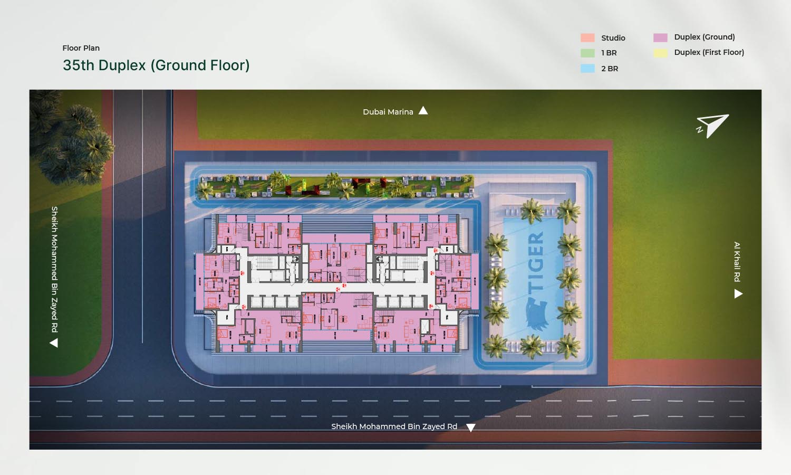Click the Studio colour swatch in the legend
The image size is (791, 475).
[587, 38]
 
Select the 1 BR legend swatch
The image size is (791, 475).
[587, 53]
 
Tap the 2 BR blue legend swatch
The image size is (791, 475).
[587, 69]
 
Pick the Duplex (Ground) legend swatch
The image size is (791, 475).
[660, 37]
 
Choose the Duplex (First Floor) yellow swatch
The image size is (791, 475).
[660, 53]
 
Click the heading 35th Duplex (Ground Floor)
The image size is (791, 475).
[156, 65]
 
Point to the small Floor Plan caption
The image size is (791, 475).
[81, 48]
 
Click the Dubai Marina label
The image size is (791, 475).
[388, 112]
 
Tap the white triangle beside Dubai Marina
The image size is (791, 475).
[423, 111]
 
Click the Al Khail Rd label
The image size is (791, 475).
[737, 262]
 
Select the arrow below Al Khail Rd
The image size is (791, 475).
[738, 294]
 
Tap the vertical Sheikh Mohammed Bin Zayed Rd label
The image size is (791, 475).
[54, 269]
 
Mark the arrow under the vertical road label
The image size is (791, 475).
[54, 343]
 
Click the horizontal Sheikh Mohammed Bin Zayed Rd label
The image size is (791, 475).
[394, 426]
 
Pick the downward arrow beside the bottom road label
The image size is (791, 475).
[471, 427]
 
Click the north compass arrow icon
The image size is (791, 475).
[713, 126]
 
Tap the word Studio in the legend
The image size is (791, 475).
[613, 38]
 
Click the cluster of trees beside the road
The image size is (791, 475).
[74, 137]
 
